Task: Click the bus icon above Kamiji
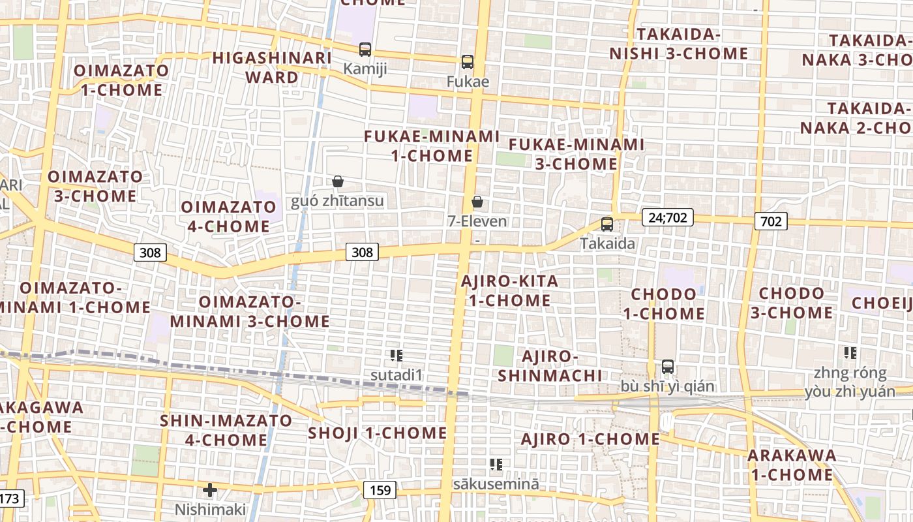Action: coord(365,49)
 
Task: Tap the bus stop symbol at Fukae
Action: coord(467,62)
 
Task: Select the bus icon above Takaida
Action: coord(607,224)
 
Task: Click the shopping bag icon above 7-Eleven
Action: coord(477,202)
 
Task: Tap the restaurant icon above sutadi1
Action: coord(396,356)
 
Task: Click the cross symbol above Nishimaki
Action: coord(210,489)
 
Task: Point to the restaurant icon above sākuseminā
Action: coord(496,465)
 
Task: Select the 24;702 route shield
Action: coord(667,217)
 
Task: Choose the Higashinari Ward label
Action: coord(272,67)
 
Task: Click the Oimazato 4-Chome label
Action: coord(228,217)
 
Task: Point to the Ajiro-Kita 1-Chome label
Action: coord(509,291)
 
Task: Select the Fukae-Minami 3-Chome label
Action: coord(576,154)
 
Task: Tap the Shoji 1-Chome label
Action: coord(377,433)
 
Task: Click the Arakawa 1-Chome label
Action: coord(792,465)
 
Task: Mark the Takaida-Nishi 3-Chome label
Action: coord(679,44)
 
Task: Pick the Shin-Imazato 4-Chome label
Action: coord(226,430)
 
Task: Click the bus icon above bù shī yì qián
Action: coord(667,367)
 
